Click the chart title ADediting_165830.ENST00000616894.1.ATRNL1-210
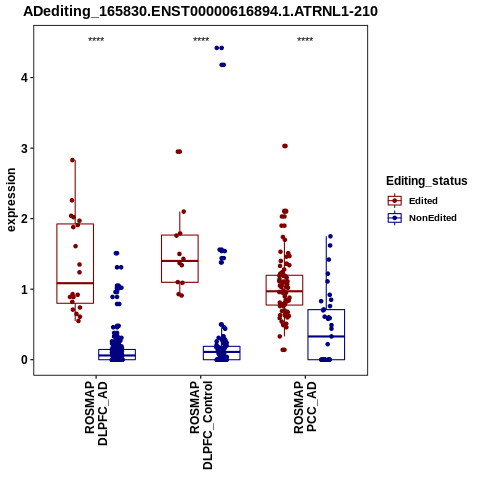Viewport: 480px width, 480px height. tap(200, 11)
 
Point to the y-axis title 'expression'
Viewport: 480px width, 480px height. tap(11, 200)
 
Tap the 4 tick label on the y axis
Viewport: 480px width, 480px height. tap(24, 78)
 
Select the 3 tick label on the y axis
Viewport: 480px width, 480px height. tap(24, 148)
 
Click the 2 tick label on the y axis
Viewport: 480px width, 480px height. tap(24, 219)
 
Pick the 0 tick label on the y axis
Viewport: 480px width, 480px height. tap(24, 360)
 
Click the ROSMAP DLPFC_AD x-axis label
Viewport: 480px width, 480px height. tap(96, 414)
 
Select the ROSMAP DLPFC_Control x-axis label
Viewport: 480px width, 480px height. tap(201, 425)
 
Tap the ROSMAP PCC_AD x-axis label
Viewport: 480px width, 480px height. tap(305, 407)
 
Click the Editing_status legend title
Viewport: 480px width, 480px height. tap(427, 181)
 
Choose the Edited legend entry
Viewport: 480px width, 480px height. tap(412, 201)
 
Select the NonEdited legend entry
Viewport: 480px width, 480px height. tap(422, 218)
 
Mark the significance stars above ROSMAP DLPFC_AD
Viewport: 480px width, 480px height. tap(96, 40)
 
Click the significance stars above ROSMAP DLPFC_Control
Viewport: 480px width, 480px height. tap(201, 40)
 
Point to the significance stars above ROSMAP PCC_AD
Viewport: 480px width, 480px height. tap(305, 40)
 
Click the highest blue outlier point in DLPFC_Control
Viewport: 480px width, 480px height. tap(219, 48)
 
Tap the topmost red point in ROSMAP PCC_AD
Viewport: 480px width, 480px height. tap(285, 146)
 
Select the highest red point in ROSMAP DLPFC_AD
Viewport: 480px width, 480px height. tap(73, 160)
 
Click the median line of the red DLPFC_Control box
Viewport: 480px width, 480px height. tap(180, 261)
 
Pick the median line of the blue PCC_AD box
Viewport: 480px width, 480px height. tap(326, 337)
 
